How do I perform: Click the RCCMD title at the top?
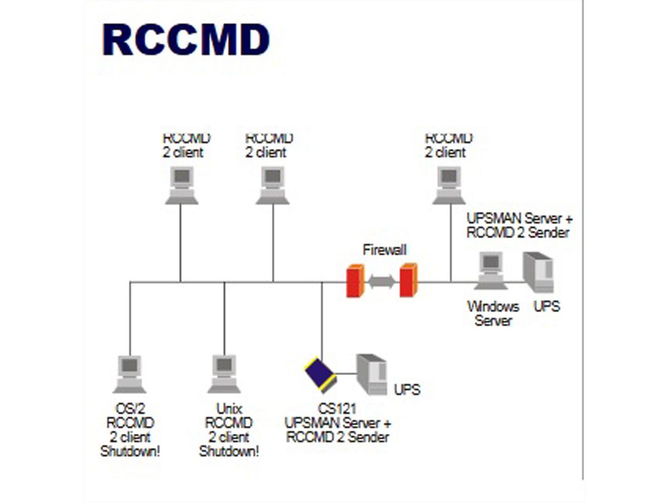pos(186,41)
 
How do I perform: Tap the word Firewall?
pos(385,249)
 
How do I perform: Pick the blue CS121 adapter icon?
pos(320,374)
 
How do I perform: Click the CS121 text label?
pos(337,409)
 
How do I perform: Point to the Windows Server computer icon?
pos(491,271)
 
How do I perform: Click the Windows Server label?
pos(493,313)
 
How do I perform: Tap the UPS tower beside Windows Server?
pos(538,272)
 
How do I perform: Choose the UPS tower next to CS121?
pos(372,374)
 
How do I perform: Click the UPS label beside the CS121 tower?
pos(407,389)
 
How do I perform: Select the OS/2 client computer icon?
pos(130,374)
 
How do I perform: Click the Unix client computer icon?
pos(224,374)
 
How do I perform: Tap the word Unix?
pos(229,409)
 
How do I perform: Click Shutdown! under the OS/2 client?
pos(130,451)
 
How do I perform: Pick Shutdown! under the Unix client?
pos(229,451)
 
